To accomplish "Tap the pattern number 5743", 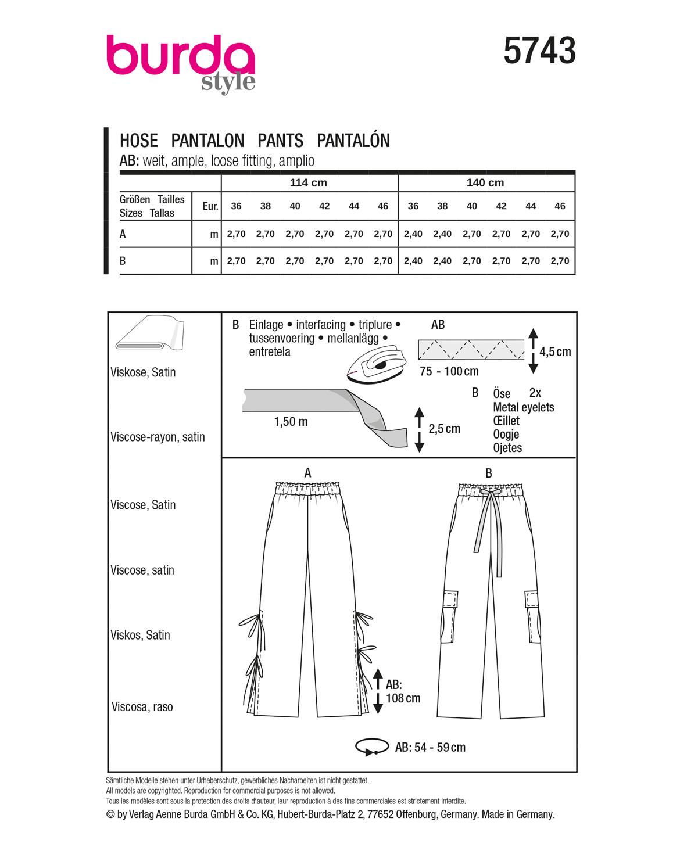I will click(539, 51).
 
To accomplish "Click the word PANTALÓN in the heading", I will click(353, 141).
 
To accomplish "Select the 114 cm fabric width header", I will click(308, 182).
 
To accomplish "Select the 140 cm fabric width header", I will click(485, 182).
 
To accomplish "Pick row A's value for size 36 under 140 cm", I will click(413, 234).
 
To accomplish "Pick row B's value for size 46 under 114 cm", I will click(383, 261).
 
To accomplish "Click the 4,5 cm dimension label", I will click(555, 351).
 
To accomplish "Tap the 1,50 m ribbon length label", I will click(291, 422).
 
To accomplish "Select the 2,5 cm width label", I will click(444, 429).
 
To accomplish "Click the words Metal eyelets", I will click(523, 407).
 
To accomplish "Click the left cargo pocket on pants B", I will click(449, 616).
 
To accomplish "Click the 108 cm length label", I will click(403, 698).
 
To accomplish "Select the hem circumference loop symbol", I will click(371, 747).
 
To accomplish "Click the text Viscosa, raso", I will click(142, 706).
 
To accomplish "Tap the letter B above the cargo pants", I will click(489, 473).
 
